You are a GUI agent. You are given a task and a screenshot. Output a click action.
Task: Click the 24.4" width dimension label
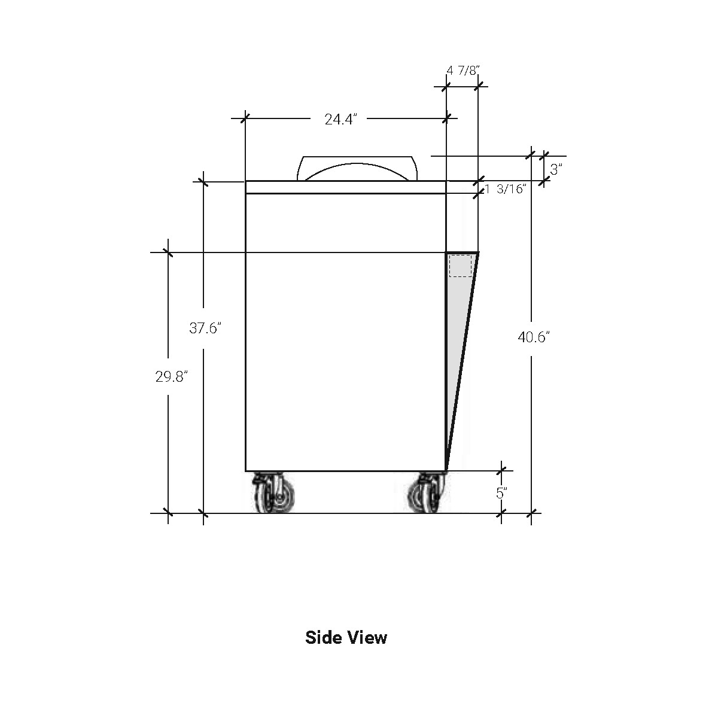341,119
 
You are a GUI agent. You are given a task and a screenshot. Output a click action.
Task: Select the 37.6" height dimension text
205,328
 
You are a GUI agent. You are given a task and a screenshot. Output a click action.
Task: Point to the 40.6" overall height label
534,337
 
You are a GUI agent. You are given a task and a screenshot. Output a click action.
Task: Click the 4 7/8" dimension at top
463,71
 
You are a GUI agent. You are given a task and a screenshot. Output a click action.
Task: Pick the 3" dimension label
556,169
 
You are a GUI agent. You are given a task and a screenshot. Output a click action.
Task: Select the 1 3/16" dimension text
506,189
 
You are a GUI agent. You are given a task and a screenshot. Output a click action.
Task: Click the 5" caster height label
502,493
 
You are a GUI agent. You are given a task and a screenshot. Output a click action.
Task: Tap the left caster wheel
274,493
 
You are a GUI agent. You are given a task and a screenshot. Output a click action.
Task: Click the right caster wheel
428,493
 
